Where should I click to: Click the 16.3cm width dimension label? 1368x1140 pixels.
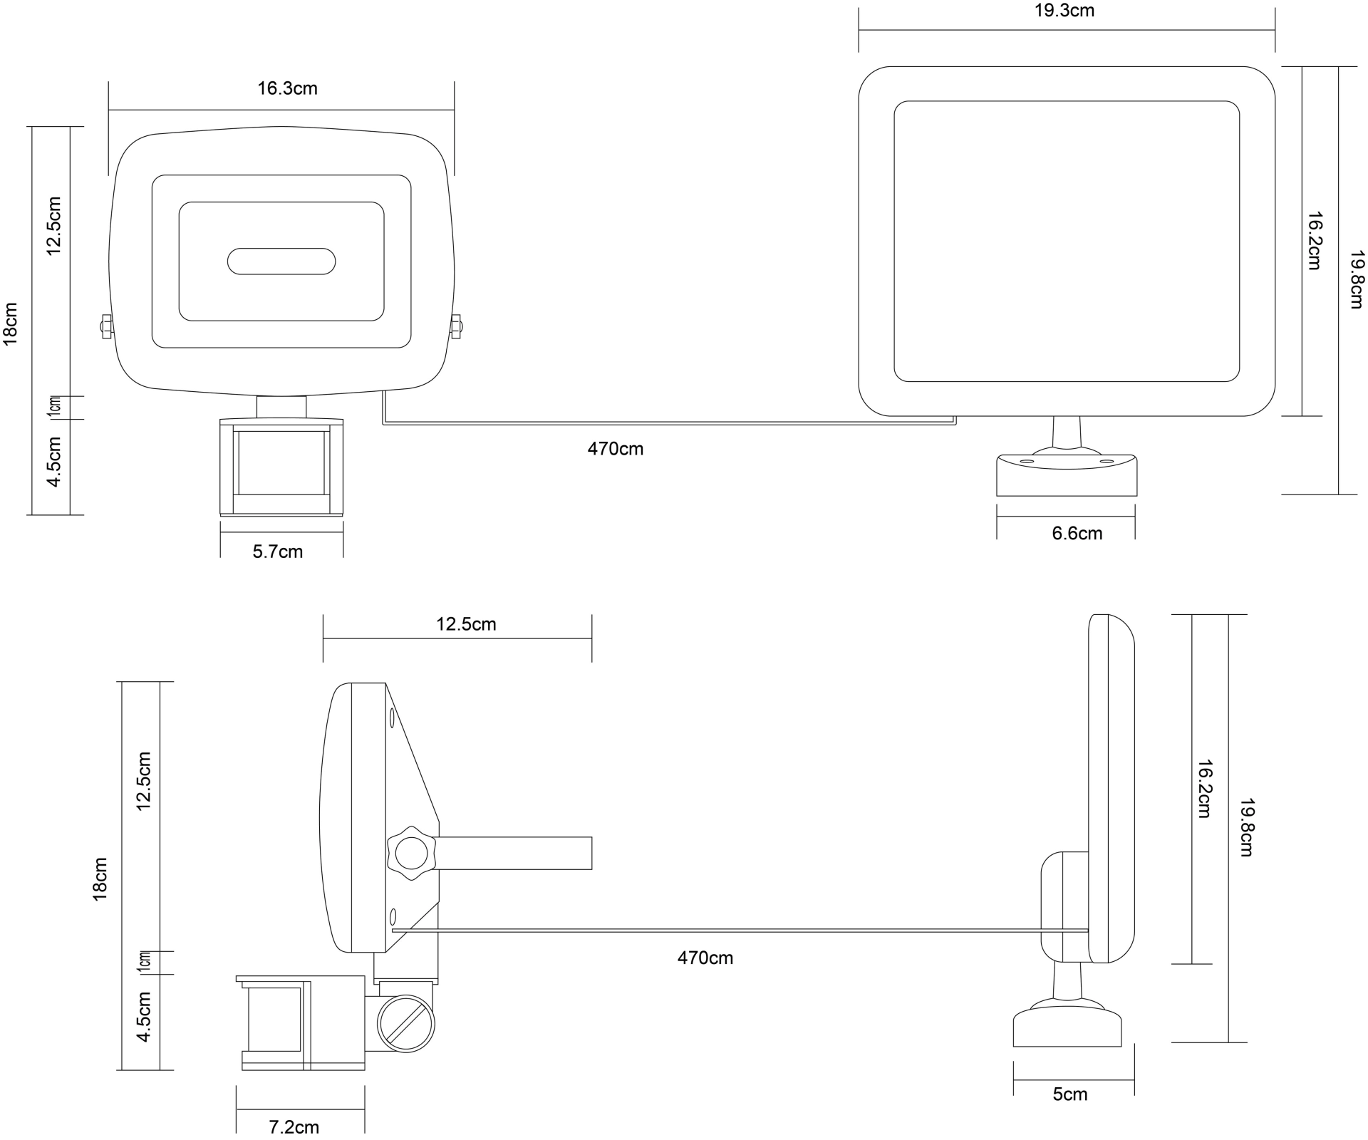click(287, 89)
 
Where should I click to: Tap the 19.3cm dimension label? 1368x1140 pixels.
click(1064, 11)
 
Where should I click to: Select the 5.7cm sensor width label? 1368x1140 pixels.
click(278, 551)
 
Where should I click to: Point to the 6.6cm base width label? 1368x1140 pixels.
click(1077, 533)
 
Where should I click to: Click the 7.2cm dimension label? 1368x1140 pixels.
click(294, 1126)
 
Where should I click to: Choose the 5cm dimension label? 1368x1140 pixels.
click(1070, 1094)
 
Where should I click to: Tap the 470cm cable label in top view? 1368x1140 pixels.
click(615, 449)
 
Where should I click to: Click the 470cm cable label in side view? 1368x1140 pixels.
click(705, 958)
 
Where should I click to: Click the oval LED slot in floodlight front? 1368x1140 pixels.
click(281, 261)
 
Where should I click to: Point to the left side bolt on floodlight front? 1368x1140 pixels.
click(105, 327)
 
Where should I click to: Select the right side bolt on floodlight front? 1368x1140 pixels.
click(455, 327)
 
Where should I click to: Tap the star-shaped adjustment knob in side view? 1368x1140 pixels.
click(410, 853)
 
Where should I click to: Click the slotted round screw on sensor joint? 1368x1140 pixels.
click(405, 1024)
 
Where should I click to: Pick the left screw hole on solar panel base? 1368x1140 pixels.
click(1027, 461)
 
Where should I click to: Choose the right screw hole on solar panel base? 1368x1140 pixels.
click(1107, 461)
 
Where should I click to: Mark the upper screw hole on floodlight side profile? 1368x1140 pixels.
click(392, 718)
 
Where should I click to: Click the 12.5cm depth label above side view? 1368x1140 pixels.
click(466, 624)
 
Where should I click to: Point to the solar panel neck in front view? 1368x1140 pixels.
click(1067, 432)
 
